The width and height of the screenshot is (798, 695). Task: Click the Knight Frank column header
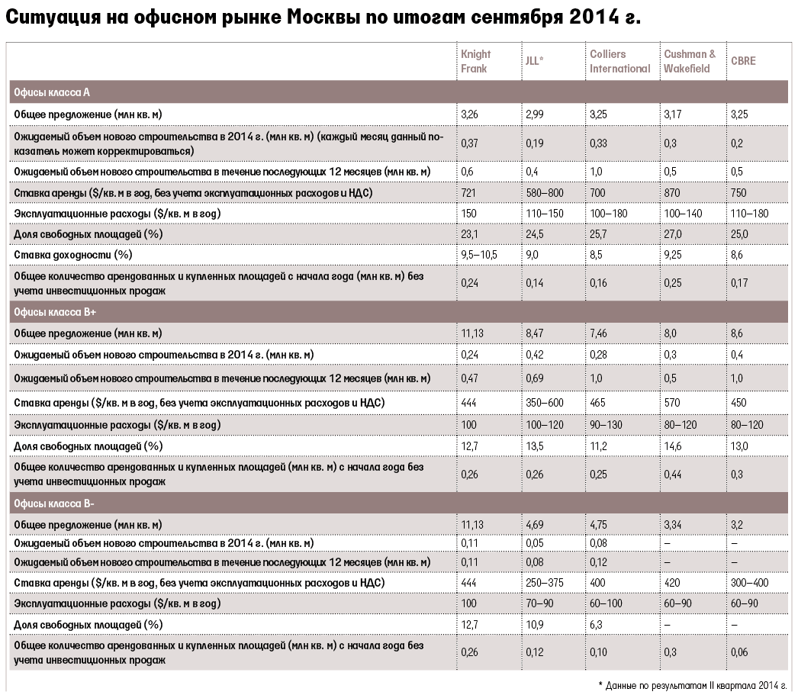tap(475, 61)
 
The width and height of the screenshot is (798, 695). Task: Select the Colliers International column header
tap(620, 61)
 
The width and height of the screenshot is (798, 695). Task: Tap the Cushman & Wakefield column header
tap(690, 61)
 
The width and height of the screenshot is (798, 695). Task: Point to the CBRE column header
tap(743, 61)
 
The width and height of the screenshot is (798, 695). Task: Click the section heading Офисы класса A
tap(51, 92)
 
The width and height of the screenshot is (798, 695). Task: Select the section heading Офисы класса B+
tap(54, 312)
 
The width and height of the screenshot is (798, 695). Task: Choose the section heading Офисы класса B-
tap(54, 504)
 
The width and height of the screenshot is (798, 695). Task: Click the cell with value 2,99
tap(534, 114)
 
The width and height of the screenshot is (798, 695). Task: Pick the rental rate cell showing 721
tap(468, 193)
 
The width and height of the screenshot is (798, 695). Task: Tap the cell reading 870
tap(672, 193)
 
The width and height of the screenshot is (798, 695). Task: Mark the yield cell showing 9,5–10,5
tap(479, 255)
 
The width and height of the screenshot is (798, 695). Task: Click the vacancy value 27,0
tap(672, 234)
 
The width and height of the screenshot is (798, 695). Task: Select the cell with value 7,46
tap(598, 333)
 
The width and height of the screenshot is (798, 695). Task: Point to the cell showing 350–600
tap(545, 403)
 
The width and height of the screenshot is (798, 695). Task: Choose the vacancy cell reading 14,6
tap(672, 446)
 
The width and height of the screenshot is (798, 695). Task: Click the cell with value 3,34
tap(673, 525)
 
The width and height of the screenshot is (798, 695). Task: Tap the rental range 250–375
tap(545, 583)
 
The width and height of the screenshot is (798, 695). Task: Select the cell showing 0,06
tap(739, 652)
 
